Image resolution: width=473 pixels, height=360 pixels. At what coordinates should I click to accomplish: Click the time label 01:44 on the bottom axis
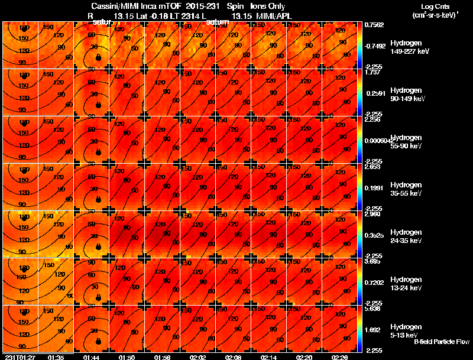click(91, 357)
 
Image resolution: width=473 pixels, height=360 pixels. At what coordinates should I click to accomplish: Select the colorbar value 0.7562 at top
click(374, 25)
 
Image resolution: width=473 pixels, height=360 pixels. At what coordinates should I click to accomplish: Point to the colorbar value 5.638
click(374, 308)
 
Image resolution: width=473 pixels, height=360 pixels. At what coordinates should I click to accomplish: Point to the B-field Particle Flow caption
click(442, 342)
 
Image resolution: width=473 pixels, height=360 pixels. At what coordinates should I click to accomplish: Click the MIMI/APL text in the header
click(274, 16)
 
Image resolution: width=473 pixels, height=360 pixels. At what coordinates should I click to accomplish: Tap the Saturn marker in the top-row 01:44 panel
click(98, 57)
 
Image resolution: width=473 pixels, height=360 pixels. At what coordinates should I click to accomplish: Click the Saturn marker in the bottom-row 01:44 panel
click(98, 340)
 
